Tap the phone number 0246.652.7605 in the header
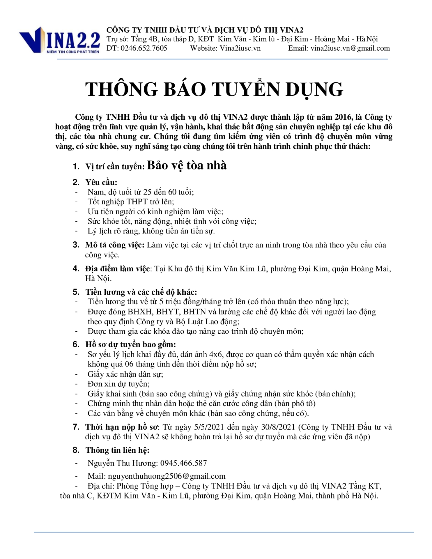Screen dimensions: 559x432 [x=144, y=48]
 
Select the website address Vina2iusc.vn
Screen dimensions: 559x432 [x=240, y=48]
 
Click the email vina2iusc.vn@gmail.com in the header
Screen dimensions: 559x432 [x=350, y=48]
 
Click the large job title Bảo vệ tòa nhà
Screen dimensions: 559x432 [x=187, y=165]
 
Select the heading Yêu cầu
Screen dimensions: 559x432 [x=101, y=182]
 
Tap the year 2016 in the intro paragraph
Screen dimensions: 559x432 [x=344, y=117]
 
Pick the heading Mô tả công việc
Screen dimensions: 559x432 [x=115, y=245]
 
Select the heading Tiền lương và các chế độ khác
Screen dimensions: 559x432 [x=141, y=292]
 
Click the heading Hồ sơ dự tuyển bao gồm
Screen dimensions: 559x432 [x=130, y=344]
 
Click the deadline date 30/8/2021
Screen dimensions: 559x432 [x=278, y=427]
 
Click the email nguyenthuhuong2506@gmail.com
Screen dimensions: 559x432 [x=167, y=476]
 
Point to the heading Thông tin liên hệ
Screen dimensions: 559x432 [x=117, y=450]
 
